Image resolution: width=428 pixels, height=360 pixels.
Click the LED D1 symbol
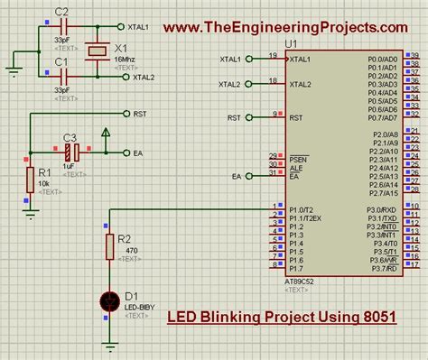110,299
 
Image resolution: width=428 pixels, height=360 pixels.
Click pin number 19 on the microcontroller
272,55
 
